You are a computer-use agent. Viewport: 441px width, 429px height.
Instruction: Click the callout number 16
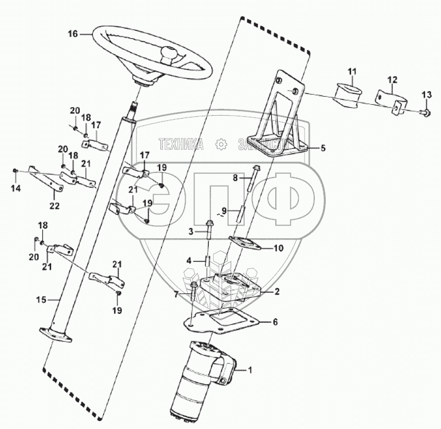point(72,34)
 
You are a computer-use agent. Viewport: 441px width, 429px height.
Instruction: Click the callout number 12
point(392,79)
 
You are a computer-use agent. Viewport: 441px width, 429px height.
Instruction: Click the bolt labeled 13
point(425,112)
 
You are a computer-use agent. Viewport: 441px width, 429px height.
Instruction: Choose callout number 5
point(322,148)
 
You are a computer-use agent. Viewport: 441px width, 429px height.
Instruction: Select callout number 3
point(192,231)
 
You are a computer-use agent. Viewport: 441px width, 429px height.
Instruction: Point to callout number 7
point(175,294)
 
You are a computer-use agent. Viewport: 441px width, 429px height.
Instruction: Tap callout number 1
point(249,370)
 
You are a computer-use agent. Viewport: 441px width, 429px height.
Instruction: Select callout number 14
point(15,188)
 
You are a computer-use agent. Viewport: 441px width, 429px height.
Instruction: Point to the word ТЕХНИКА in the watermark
point(181,144)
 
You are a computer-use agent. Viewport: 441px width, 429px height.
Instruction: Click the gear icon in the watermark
point(221,145)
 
